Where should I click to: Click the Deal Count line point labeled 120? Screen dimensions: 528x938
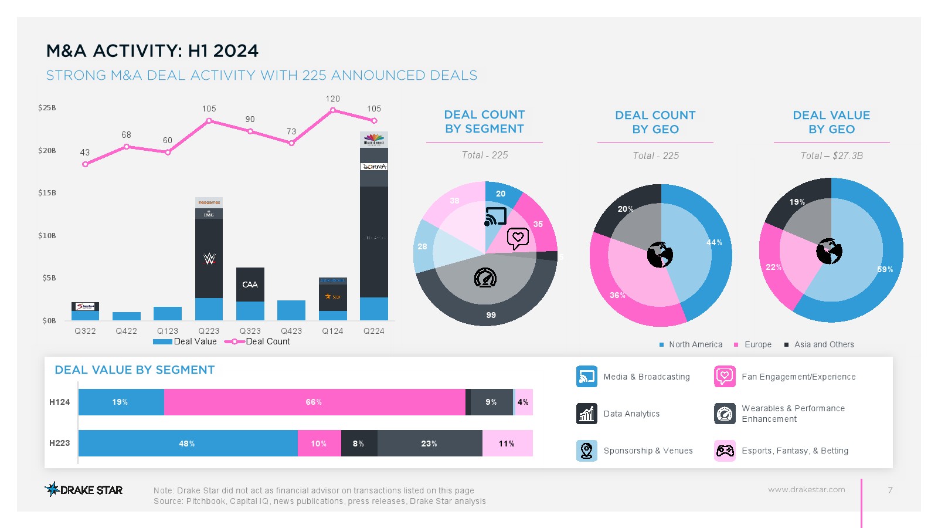point(333,110)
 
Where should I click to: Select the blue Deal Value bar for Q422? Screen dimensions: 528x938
point(127,316)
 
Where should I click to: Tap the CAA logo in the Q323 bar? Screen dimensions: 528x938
point(250,285)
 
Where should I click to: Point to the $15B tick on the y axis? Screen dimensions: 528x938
point(47,193)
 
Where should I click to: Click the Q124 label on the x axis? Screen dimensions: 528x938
point(332,331)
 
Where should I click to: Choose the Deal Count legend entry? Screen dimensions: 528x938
point(258,341)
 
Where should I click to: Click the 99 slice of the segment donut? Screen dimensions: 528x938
point(491,314)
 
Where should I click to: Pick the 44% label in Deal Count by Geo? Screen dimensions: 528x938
point(714,242)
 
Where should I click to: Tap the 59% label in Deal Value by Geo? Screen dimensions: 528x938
point(885,269)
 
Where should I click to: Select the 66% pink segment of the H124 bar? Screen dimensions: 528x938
point(314,402)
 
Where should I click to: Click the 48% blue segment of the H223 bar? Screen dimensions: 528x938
point(188,444)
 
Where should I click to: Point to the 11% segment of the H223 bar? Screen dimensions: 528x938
point(507,444)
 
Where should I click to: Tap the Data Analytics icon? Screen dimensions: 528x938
point(586,414)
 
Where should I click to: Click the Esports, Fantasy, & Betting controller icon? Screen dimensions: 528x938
point(725,451)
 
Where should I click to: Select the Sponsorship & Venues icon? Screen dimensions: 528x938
point(586,451)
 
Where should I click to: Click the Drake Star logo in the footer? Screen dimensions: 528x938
point(84,489)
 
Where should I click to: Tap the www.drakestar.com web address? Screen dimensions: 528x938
point(807,489)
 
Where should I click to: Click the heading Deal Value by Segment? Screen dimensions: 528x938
point(135,370)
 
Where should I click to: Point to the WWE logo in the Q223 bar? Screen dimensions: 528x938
point(209,258)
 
